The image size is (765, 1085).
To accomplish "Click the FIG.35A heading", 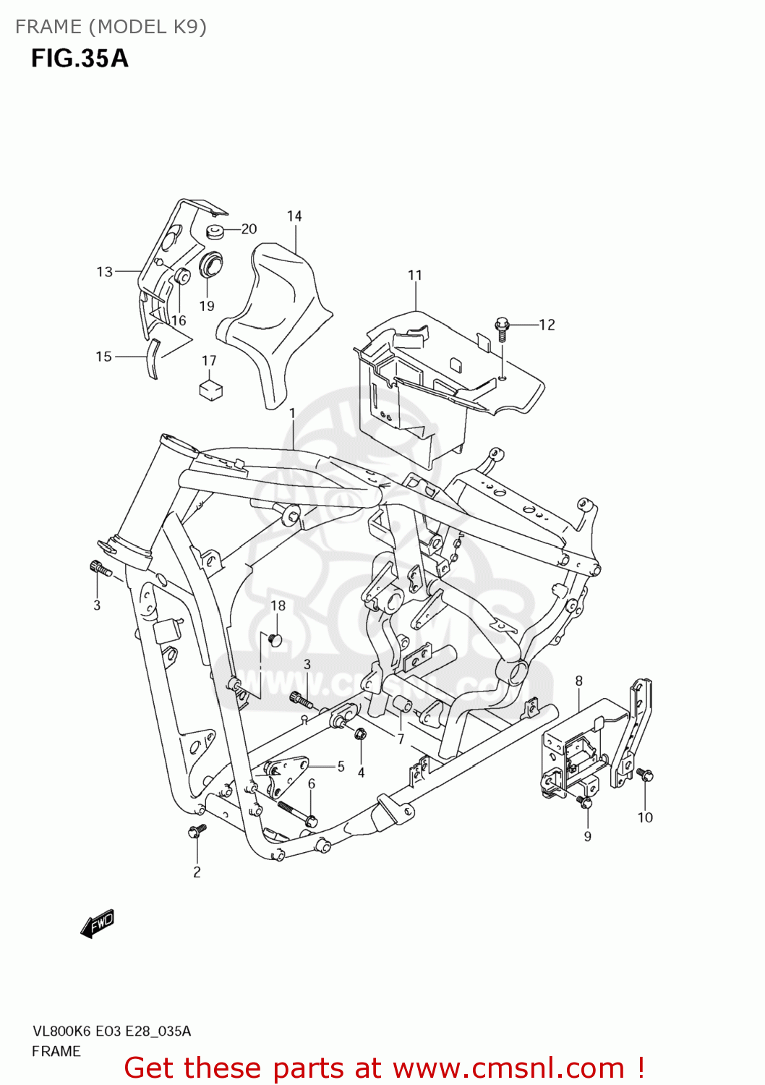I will [80, 58].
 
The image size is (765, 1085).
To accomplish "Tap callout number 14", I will [294, 216].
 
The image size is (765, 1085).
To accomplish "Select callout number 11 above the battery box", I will [414, 276].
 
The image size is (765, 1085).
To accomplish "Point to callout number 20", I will [249, 229].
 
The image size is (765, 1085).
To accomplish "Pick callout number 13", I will [105, 272].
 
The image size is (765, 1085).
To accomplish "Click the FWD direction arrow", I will [98, 924].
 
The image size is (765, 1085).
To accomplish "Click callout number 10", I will [645, 817].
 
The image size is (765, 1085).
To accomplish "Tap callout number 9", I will [587, 836].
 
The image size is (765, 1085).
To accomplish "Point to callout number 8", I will [578, 681].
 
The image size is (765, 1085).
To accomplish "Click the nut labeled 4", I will [362, 734].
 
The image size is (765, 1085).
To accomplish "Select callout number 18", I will [278, 605].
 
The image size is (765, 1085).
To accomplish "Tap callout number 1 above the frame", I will [292, 413].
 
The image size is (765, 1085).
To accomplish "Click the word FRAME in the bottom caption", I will [56, 1051].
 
